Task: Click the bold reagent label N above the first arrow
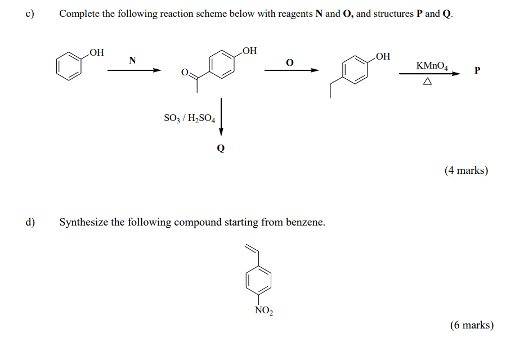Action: point(132,60)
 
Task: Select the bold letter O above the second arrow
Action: point(290,62)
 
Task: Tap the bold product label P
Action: point(477,70)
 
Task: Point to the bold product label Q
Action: point(221,148)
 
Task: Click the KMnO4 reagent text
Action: point(432,66)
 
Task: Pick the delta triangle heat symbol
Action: point(427,81)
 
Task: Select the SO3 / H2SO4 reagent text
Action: point(190,118)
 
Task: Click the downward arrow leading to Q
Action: point(221,117)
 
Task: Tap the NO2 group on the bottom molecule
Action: point(264,310)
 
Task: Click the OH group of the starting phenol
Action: point(97,52)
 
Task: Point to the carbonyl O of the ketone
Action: point(185,72)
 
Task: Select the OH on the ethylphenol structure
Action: point(383,56)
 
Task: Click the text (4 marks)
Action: point(466,170)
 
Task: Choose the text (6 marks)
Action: point(472,325)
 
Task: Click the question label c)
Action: point(30,13)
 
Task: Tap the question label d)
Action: point(30,222)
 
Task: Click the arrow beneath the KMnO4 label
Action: point(430,74)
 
